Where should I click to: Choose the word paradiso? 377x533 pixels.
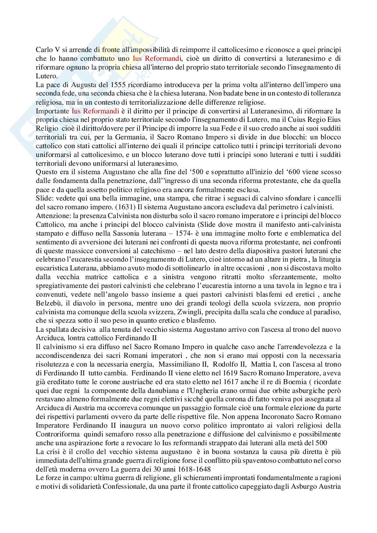[x=325, y=312]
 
